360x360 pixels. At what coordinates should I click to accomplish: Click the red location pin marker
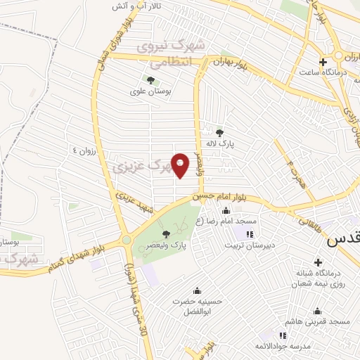coord(181,165)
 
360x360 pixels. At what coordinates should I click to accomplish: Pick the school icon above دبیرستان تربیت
coord(249,233)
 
